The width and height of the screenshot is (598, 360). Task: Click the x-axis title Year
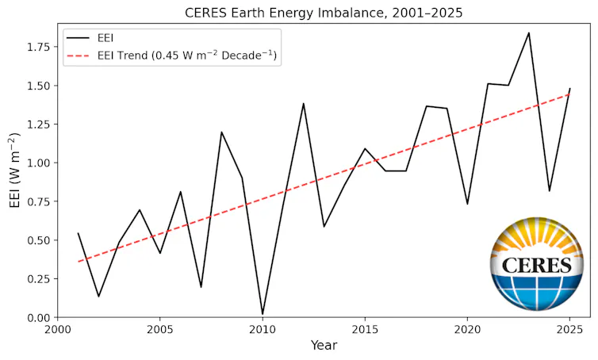[324, 346]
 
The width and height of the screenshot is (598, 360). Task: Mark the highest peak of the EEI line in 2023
[529, 33]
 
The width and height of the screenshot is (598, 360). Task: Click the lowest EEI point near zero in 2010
[263, 315]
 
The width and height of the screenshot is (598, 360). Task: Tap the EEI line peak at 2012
[303, 103]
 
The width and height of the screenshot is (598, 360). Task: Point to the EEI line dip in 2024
[550, 191]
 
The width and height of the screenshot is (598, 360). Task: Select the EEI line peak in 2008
[221, 132]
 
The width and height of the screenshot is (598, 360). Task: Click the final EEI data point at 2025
[570, 89]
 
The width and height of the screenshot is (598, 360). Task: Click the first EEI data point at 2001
[78, 233]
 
